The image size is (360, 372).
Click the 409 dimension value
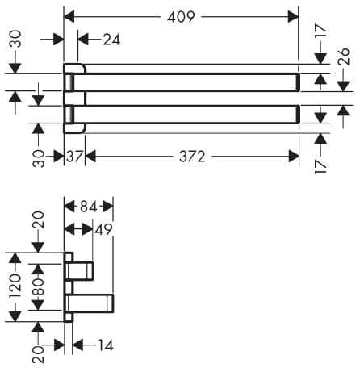coord(181,17)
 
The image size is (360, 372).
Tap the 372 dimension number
coord(192,157)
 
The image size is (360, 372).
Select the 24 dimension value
coord(111,40)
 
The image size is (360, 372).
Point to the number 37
coord(74,157)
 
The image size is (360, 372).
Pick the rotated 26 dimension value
coord(344,56)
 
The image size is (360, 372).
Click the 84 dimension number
coord(89,207)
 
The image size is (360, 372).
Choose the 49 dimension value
coord(103,229)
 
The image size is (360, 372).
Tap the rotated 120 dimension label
coord(15,286)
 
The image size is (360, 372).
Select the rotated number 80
coord(38,286)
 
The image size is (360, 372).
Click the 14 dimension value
coord(106,345)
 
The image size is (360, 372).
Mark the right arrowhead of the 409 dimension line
coord(293,17)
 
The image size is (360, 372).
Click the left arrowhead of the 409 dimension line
coord(69,17)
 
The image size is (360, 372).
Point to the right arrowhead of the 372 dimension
coord(294,157)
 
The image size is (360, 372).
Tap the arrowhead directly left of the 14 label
coord(77,345)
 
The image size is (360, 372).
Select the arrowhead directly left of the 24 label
coord(83,40)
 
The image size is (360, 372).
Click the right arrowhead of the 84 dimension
coord(107,207)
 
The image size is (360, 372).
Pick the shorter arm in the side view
coord(79,271)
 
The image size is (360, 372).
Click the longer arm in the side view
coord(90,303)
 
